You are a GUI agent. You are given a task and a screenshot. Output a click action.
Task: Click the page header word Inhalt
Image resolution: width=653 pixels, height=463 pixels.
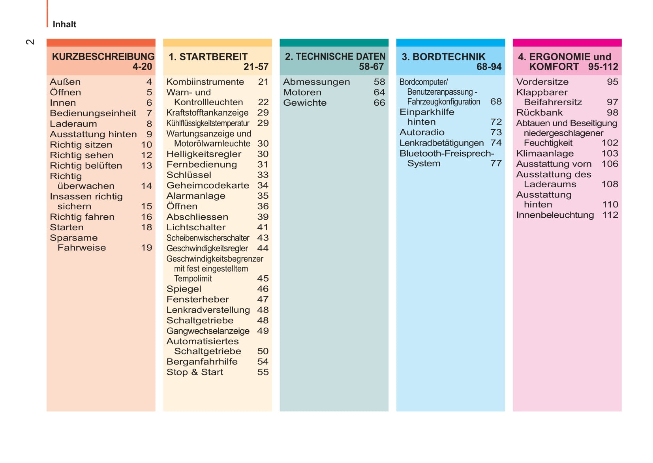pyautogui.click(x=64, y=24)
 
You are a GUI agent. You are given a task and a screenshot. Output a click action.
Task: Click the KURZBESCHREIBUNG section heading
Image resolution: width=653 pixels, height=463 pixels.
pyautogui.click(x=103, y=57)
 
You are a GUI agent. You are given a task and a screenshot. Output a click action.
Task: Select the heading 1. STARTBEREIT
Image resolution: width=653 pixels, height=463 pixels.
pyautogui.click(x=208, y=57)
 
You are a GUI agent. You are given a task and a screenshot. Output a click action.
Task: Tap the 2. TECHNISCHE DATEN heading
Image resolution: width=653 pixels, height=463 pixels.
pyautogui.click(x=335, y=57)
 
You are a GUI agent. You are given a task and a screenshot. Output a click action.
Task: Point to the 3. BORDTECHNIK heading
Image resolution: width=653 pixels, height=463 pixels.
pyautogui.click(x=443, y=57)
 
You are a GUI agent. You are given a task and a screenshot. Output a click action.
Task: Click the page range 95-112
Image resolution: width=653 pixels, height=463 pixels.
pyautogui.click(x=603, y=67)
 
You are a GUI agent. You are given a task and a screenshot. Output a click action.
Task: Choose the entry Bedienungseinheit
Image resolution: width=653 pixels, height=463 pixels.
pyautogui.click(x=93, y=113)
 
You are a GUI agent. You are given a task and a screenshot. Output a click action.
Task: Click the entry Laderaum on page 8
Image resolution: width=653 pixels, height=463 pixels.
pyautogui.click(x=73, y=124)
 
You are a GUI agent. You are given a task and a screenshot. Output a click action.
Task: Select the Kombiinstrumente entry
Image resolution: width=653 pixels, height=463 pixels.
pyautogui.click(x=205, y=82)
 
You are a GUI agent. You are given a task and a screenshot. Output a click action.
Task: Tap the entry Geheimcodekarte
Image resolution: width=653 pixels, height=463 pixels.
pyautogui.click(x=208, y=185)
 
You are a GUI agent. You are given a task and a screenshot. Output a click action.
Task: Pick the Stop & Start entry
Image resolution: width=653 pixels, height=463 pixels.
pyautogui.click(x=195, y=372)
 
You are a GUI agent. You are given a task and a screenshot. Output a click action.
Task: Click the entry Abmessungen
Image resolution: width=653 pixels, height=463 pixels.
pyautogui.click(x=316, y=82)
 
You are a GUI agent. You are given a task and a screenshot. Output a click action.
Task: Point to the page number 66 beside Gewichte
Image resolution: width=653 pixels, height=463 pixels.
pyautogui.click(x=379, y=103)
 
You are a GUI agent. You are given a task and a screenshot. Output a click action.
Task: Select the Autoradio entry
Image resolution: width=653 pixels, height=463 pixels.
pyautogui.click(x=422, y=133)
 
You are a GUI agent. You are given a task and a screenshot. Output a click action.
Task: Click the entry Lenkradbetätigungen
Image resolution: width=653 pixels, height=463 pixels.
pyautogui.click(x=441, y=143)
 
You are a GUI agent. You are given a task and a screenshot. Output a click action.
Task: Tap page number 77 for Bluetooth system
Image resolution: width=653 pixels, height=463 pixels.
pyautogui.click(x=496, y=163)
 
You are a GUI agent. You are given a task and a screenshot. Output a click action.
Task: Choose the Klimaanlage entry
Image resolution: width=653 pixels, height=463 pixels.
pyautogui.click(x=545, y=153)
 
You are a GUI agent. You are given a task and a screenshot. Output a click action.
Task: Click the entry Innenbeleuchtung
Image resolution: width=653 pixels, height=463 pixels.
pyautogui.click(x=555, y=215)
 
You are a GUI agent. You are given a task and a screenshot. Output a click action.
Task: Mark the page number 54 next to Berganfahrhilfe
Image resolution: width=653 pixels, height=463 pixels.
pyautogui.click(x=263, y=362)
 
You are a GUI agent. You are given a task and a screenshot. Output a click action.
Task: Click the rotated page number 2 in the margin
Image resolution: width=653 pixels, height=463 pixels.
pyautogui.click(x=30, y=42)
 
